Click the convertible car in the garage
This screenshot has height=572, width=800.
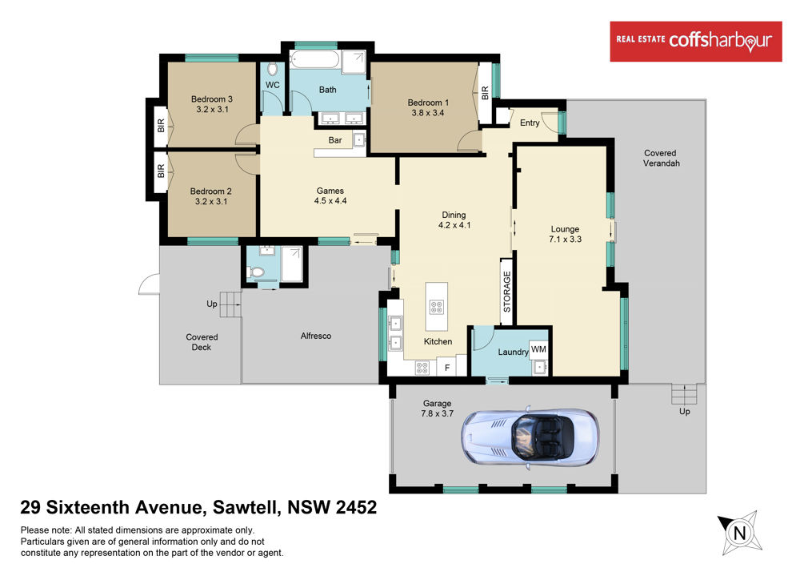coord(530,436)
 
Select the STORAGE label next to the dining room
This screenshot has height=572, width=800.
coord(506,292)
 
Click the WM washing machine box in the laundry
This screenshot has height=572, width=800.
coord(538,350)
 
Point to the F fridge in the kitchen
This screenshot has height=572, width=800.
coord(447,367)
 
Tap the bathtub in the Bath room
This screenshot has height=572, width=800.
coord(314,59)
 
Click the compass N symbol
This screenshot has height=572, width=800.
coord(740,534)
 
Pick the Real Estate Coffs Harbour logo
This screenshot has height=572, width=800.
coord(696,42)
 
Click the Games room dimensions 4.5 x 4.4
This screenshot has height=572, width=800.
coord(330,201)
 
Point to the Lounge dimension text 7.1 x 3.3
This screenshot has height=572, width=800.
coord(565,239)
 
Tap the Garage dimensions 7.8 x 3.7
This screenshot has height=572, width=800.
coord(437,413)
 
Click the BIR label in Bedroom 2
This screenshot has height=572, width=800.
coord(161,171)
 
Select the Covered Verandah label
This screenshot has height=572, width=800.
coord(661,159)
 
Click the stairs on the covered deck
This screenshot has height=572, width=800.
coord(230,304)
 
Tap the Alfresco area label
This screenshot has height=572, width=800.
coord(316,336)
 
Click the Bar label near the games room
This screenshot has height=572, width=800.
coord(335,140)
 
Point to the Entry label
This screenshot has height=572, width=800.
coord(530,123)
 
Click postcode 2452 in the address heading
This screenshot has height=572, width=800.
coord(356,507)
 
